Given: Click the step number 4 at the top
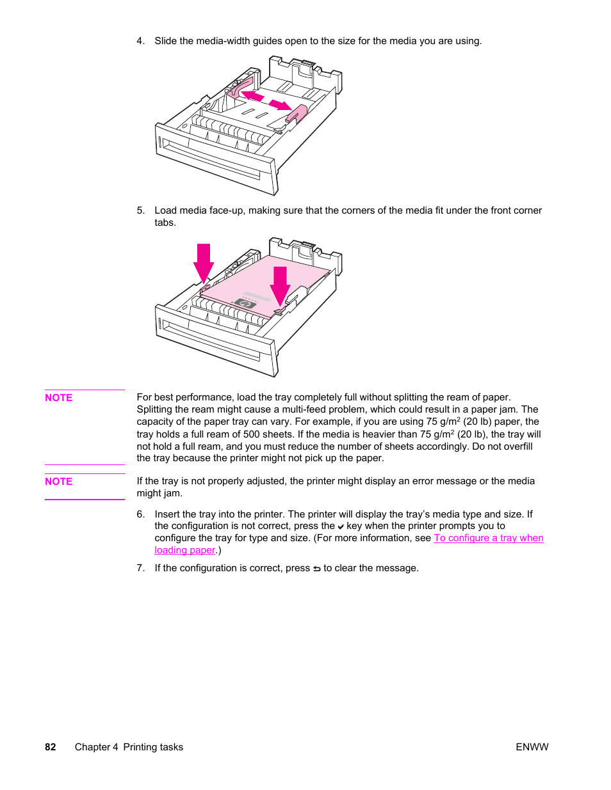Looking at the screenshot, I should coord(140,41).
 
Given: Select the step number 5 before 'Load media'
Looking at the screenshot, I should coord(140,210).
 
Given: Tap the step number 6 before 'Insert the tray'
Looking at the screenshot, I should coord(140,514).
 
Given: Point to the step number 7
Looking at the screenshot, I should coord(140,568).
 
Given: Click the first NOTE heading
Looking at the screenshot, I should coord(58,398).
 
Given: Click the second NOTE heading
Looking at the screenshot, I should coord(58,482).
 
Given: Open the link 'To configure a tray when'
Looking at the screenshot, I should coord(488,538).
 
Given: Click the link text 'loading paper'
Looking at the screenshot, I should coord(184,550).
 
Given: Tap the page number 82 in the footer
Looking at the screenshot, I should coord(51,747).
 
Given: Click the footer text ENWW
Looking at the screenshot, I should coord(532,747).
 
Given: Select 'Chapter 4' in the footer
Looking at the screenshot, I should coord(96,747).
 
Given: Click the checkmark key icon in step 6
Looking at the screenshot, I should coord(341,526).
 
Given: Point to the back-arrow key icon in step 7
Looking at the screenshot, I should coord(316,569).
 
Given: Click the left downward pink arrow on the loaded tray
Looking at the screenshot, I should coord(204,262).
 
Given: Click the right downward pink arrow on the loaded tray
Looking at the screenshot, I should coord(280,285).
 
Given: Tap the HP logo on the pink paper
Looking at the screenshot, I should coord(245,304).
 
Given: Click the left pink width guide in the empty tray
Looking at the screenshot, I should coord(238,88).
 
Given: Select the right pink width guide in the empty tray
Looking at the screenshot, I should coord(297,114).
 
